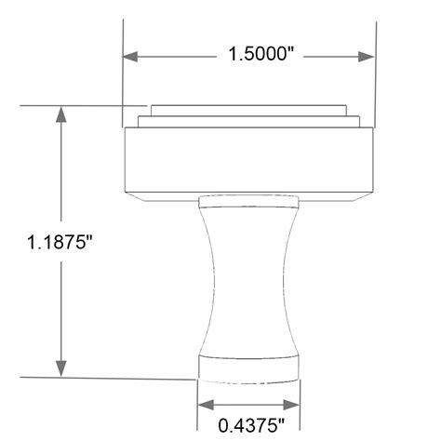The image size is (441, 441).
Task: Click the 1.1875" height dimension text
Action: tap(61, 243)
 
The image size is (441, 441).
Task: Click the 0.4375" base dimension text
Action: tap(248, 426)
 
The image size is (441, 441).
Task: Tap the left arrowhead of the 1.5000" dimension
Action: tap(133, 56)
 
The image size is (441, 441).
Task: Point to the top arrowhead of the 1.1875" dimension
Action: tap(61, 114)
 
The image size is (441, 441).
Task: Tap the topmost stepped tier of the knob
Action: tap(248, 107)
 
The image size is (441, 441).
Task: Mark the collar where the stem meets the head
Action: tap(248, 200)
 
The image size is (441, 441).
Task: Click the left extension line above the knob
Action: tap(124, 74)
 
